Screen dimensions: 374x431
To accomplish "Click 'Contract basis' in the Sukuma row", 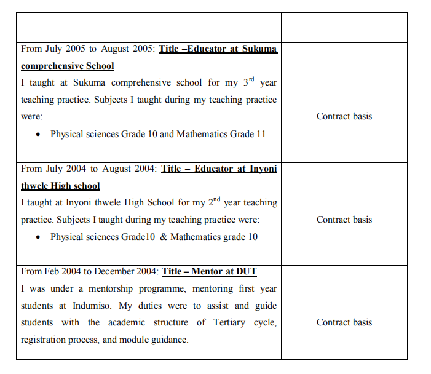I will [x=344, y=116].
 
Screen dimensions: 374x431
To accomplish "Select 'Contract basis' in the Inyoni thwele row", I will [x=344, y=220].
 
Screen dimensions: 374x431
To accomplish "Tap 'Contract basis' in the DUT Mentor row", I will [x=344, y=322].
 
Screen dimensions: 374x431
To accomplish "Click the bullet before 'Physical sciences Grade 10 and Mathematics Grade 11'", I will [x=39, y=134].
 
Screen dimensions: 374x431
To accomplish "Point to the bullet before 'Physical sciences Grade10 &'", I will [x=39, y=237].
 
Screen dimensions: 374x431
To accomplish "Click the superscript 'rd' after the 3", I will [x=250, y=79].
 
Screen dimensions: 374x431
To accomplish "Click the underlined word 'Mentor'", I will [x=209, y=271].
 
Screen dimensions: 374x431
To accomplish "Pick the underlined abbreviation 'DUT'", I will [x=245, y=271].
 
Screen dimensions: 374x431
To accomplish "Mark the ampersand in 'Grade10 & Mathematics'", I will [x=163, y=237].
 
